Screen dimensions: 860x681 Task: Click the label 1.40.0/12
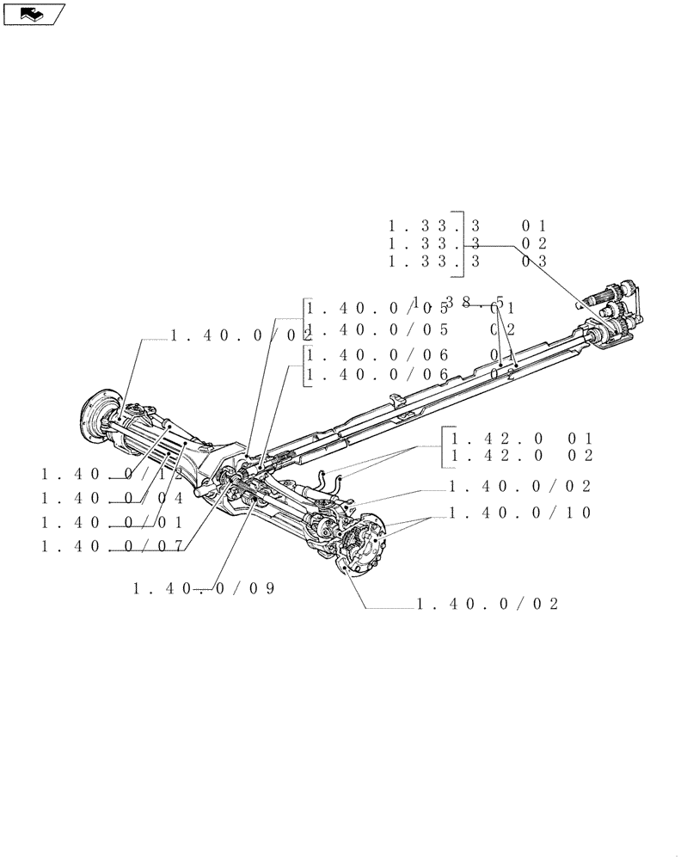coord(112,474)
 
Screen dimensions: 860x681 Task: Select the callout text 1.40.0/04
coord(112,498)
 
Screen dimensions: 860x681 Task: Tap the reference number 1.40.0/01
coord(112,522)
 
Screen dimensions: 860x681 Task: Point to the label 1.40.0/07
coord(112,546)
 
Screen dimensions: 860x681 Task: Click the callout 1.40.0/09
coord(204,589)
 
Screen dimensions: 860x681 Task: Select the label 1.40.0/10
coord(520,512)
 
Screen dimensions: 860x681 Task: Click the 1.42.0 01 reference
coord(519,437)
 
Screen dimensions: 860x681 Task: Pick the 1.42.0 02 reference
coord(519,456)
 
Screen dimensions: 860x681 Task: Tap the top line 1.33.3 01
coord(468,225)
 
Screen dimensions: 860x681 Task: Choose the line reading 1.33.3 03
coord(468,261)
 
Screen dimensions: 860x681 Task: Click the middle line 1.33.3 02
coord(468,243)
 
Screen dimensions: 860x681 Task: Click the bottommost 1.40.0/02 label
coord(488,605)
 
